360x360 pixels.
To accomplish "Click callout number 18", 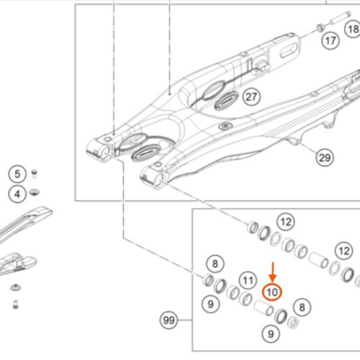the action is (x=353, y=29).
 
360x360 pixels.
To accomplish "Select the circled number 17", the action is (x=330, y=41).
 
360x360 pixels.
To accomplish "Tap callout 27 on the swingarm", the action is (x=251, y=97).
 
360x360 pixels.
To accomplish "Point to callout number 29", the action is (x=325, y=158).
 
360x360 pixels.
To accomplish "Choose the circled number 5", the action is (x=17, y=174).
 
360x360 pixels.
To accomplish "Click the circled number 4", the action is (x=17, y=194).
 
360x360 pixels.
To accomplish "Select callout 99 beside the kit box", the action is (x=168, y=320).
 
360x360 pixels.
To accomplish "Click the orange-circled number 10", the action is (x=272, y=292).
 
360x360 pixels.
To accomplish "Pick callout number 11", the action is (x=248, y=280).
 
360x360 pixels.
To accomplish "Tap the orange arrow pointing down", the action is (x=273, y=272).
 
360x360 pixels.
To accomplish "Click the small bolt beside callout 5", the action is (x=35, y=174).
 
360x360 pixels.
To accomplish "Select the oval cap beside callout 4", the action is (x=35, y=192).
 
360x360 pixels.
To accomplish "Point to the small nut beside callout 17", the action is (x=320, y=27).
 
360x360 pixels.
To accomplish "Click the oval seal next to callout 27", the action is (x=226, y=100).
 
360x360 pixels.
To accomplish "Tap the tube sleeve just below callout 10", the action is (x=264, y=307).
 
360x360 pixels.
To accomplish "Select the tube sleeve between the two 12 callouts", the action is (x=318, y=260).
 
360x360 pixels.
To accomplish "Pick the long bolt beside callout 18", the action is (x=339, y=19).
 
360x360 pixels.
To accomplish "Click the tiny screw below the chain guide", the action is (x=15, y=305).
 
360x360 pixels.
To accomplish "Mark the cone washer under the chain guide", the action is (x=16, y=287).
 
